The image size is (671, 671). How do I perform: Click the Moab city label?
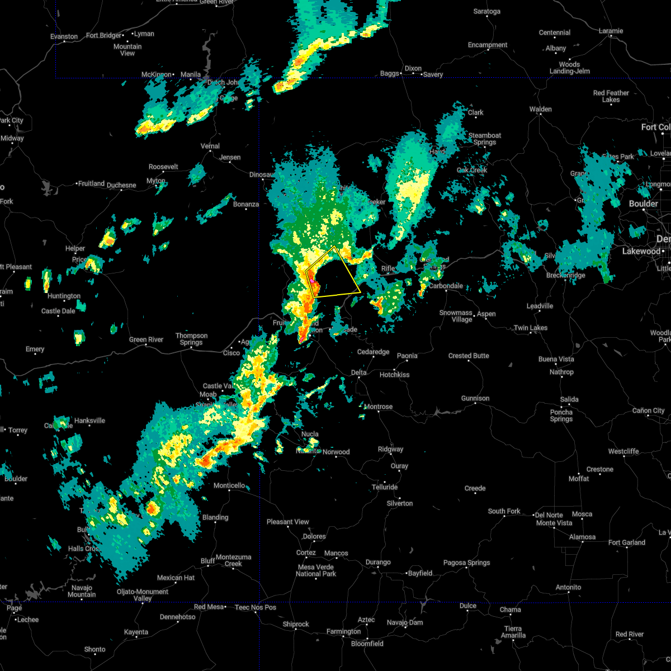208,395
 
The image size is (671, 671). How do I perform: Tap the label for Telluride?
385,487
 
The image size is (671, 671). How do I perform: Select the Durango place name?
378,562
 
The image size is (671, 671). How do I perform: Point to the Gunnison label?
475,398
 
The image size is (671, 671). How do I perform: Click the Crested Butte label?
469,356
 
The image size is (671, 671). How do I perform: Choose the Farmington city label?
344,631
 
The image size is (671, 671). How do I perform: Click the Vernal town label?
210,146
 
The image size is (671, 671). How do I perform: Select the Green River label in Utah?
146,339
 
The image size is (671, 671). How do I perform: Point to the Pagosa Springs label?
467,563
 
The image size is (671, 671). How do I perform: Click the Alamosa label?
582,537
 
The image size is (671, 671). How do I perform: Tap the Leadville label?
540,306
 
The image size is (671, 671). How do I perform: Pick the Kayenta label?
136,632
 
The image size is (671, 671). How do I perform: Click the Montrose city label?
379,407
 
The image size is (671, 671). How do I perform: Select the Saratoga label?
486,11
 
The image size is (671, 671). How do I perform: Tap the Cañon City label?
649,410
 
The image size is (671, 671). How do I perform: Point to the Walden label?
540,109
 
